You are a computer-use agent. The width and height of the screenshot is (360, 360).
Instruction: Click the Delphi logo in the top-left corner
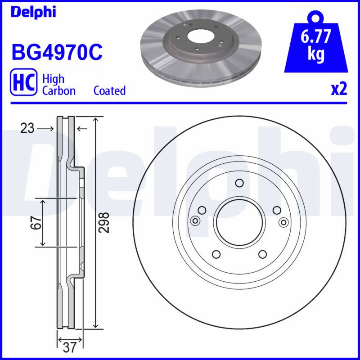pos(33,13)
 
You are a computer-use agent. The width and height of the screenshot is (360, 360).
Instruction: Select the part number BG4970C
pos(57,52)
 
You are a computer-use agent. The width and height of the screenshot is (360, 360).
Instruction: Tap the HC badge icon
pos(23,82)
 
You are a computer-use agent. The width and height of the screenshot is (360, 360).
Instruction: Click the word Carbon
pos(59,91)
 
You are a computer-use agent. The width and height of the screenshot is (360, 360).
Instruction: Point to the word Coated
pos(109,90)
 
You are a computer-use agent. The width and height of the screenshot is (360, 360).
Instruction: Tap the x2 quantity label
pos(339,89)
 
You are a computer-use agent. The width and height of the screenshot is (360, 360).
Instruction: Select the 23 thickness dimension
pos(27,128)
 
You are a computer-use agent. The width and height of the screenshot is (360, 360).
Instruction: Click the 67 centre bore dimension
pos(36,222)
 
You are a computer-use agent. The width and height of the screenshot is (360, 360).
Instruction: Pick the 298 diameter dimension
pos(104,222)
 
